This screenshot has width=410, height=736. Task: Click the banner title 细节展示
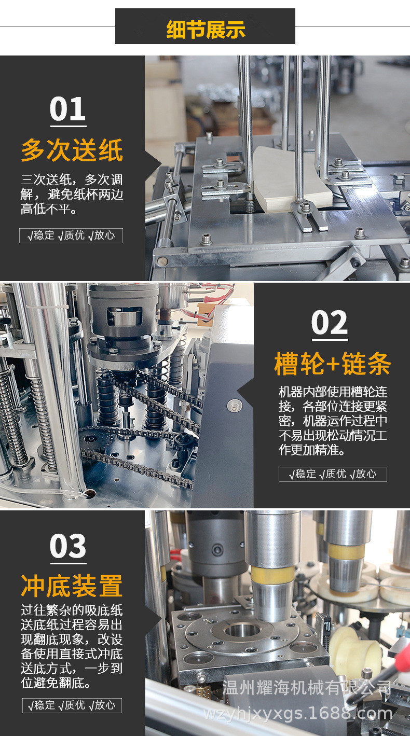pyautogui.click(x=205, y=29)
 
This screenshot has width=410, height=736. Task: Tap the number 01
pyautogui.click(x=68, y=109)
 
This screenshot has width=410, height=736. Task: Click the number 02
pyautogui.click(x=330, y=323)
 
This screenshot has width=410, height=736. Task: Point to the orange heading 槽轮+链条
pyautogui.click(x=332, y=365)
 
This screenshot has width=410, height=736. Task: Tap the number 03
pyautogui.click(x=68, y=546)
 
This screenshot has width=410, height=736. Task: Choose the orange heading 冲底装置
pyautogui.click(x=72, y=586)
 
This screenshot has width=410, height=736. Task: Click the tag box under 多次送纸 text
pyautogui.click(x=71, y=235)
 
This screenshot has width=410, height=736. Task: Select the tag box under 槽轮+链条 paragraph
pyautogui.click(x=333, y=474)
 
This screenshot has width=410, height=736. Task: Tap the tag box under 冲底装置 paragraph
pyautogui.click(x=72, y=705)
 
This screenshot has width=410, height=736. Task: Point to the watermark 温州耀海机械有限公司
pyautogui.click(x=306, y=689)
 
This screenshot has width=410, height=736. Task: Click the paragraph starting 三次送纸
pyautogui.click(x=72, y=195)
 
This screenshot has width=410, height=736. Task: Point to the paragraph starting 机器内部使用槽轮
pyautogui.click(x=333, y=421)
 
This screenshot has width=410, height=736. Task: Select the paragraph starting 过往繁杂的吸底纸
pyautogui.click(x=72, y=646)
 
